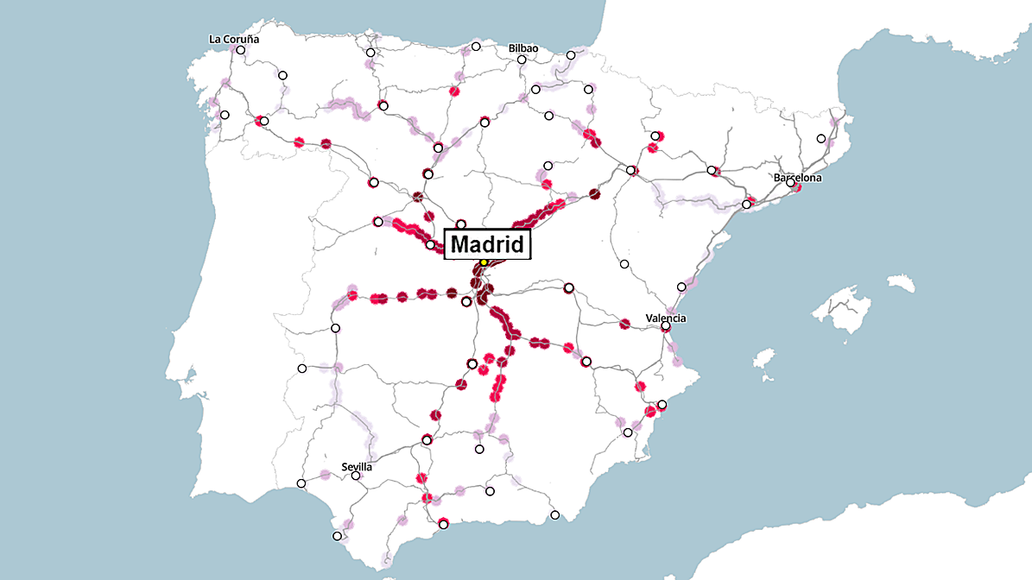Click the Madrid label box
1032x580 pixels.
click(487, 244)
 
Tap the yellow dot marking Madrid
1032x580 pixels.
click(484, 262)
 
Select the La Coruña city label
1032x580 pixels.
click(234, 39)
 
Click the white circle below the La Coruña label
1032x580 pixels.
click(241, 50)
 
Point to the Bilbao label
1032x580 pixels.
click(523, 48)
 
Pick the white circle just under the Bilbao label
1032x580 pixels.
click(522, 60)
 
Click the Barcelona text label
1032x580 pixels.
click(797, 178)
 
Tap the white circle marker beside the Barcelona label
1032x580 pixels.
click(790, 183)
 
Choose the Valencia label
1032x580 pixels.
click(666, 318)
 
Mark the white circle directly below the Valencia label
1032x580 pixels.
click(666, 326)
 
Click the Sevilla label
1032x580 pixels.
click(357, 467)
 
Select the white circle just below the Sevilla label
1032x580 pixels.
click(356, 476)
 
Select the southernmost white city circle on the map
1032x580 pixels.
click(337, 536)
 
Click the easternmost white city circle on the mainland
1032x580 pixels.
click(821, 139)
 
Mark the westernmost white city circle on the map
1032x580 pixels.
click(225, 115)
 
